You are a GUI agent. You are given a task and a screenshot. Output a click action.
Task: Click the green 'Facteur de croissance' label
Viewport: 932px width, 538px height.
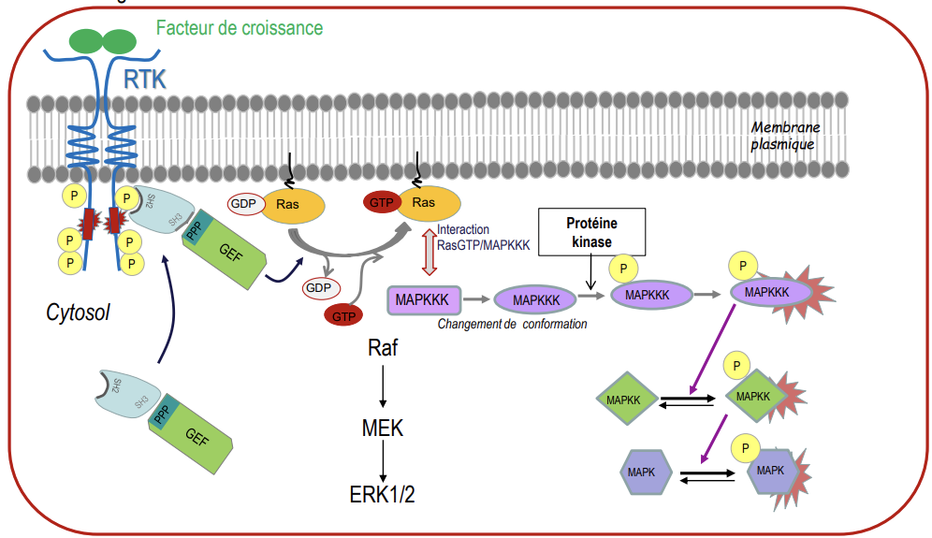pos(239,28)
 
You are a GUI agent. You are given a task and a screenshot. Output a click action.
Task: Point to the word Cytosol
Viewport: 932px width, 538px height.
pos(78,313)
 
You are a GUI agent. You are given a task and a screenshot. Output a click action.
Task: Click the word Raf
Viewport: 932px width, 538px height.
pos(383,349)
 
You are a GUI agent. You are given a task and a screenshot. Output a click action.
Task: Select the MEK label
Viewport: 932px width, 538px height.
pos(382,429)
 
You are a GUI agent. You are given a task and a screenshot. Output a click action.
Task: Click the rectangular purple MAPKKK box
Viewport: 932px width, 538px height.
pos(423,300)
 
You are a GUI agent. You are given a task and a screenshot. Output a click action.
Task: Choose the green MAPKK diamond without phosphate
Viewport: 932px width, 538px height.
pos(623,400)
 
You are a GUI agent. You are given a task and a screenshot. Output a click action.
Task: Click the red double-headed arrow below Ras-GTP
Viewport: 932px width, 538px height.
pos(430,252)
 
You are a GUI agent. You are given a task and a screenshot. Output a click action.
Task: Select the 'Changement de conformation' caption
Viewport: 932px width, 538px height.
pos(513,324)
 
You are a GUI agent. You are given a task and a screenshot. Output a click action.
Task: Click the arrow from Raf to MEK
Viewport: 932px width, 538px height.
pos(383,387)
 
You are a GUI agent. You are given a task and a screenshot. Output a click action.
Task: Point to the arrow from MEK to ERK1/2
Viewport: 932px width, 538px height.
pos(382,461)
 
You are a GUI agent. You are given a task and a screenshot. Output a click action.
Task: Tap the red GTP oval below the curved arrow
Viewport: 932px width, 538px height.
pos(344,316)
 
